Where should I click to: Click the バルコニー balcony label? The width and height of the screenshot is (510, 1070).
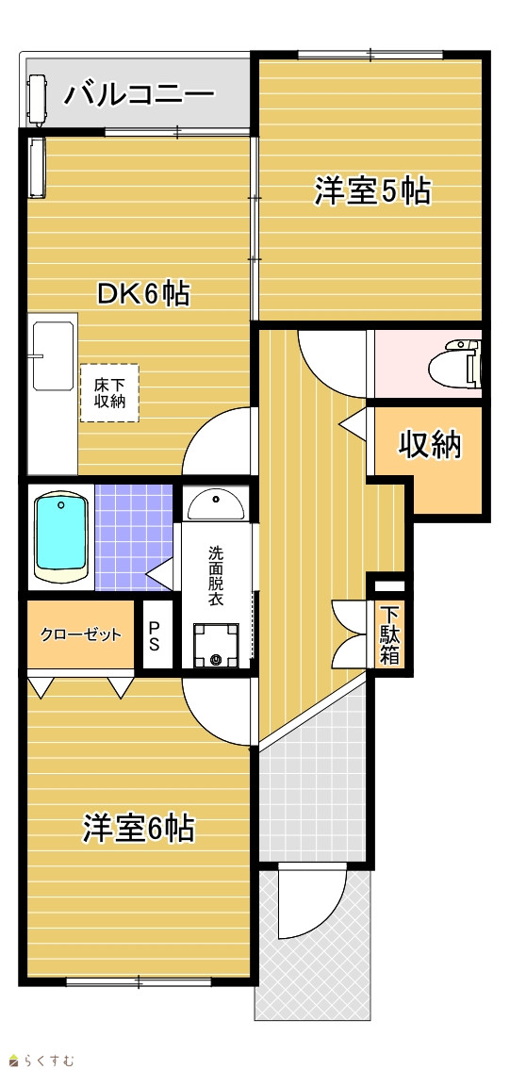coord(139,94)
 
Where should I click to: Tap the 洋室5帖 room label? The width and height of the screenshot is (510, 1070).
coord(372,190)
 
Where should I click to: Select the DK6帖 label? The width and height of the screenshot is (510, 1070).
coord(142,293)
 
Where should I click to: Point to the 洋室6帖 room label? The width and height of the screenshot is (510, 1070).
coord(140,829)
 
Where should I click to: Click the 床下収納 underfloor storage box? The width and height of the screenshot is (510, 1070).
coord(109,392)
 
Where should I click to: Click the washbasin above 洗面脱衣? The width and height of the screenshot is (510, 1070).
coord(216,505)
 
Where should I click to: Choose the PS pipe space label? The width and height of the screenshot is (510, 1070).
coord(155,635)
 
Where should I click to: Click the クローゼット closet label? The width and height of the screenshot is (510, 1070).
coord(80,634)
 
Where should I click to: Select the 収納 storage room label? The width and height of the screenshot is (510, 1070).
coord(430,446)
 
